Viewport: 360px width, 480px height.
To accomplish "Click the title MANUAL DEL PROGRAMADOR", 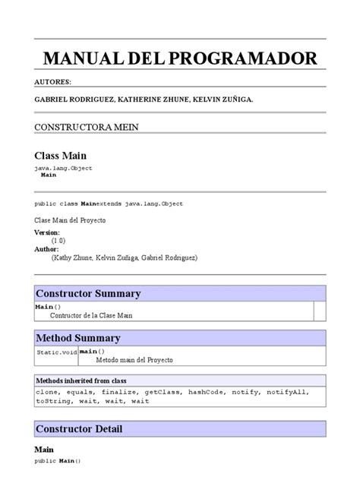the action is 179,58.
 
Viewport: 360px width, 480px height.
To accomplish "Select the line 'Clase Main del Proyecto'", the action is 70,219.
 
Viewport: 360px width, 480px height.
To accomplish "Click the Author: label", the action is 47,248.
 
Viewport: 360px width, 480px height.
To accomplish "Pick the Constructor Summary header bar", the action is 180,293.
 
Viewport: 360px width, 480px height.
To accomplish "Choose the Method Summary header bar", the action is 180,338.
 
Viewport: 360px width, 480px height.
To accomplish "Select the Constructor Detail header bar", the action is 180,429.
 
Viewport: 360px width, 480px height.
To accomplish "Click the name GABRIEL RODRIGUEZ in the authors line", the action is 69,99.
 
